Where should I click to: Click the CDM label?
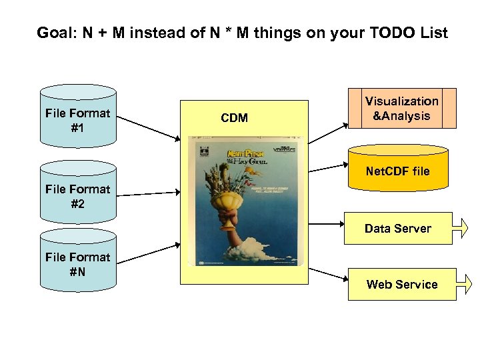tap(234, 118)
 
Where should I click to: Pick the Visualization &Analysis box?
tap(401, 108)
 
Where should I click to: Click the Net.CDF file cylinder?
tap(398, 170)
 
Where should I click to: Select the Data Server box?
tap(397, 229)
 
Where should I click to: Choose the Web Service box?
tap(401, 285)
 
